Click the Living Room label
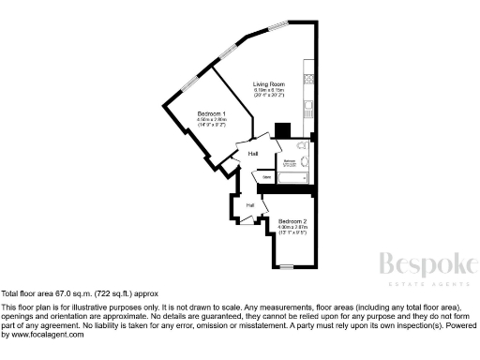(269, 84)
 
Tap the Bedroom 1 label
(211, 113)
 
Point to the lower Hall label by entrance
(250, 204)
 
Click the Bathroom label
(292, 163)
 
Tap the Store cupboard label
(267, 175)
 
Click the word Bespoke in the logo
(425, 265)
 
